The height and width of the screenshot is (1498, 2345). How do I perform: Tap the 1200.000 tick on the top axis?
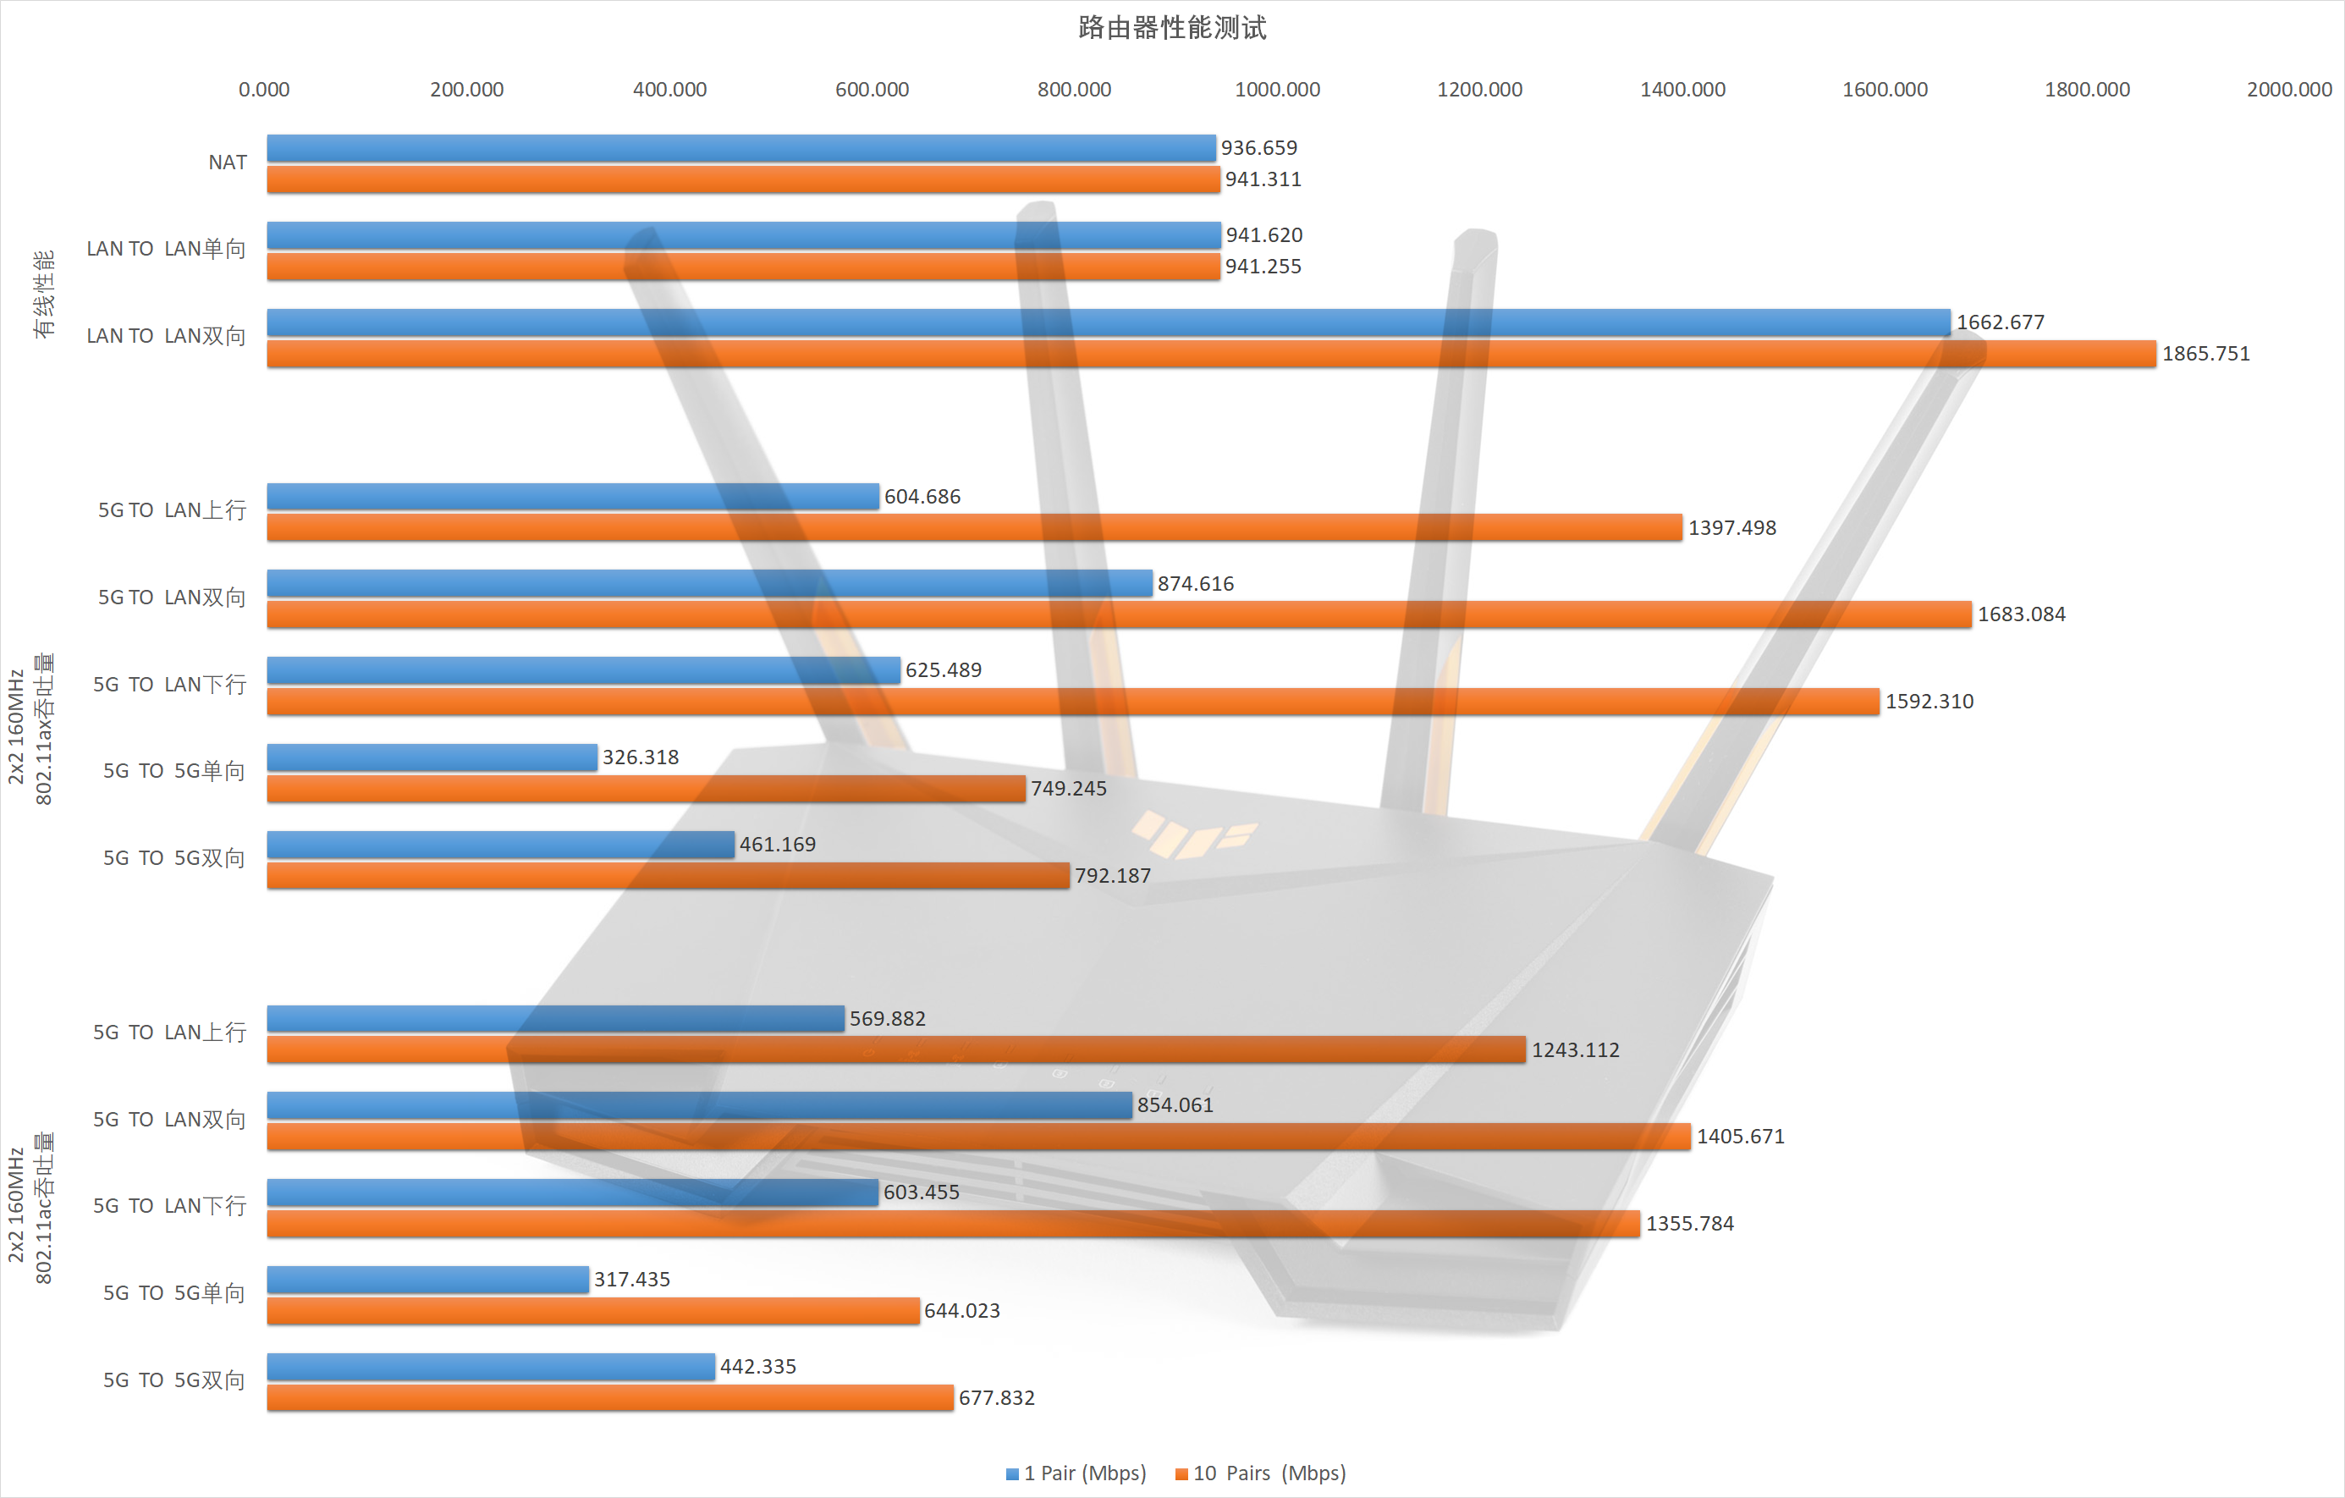pyautogui.click(x=1479, y=90)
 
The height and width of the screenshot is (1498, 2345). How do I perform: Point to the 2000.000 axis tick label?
pyautogui.click(x=2288, y=90)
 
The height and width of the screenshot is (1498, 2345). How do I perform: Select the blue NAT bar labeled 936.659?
pyautogui.click(x=740, y=148)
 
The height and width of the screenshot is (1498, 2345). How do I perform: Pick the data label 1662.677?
pyautogui.click(x=2001, y=322)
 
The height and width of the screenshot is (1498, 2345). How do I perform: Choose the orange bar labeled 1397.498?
pyautogui.click(x=974, y=528)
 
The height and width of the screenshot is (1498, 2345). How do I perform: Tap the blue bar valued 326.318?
pyautogui.click(x=432, y=757)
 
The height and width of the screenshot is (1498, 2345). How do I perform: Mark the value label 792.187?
pyautogui.click(x=1112, y=876)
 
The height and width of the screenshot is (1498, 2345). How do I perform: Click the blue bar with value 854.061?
pyautogui.click(x=698, y=1105)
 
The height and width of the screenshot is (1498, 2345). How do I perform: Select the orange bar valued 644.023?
pyautogui.click(x=592, y=1311)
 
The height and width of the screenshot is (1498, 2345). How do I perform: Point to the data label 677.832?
pyautogui.click(x=996, y=1397)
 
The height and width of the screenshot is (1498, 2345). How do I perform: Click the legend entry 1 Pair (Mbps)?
pyautogui.click(x=1076, y=1473)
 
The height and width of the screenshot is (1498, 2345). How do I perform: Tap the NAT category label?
pyautogui.click(x=228, y=162)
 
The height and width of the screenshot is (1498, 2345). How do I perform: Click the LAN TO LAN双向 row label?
pyautogui.click(x=166, y=336)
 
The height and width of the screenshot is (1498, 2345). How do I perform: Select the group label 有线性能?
pyautogui.click(x=44, y=295)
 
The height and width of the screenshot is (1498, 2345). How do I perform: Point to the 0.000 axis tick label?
pyautogui.click(x=264, y=90)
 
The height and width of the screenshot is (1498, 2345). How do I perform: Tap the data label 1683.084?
pyautogui.click(x=2021, y=614)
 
